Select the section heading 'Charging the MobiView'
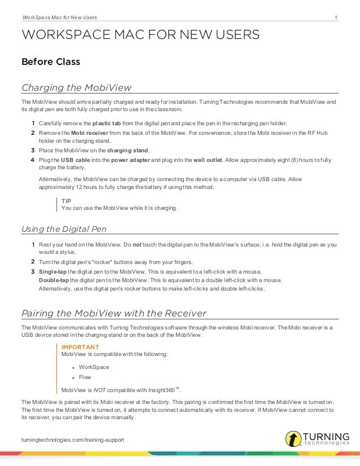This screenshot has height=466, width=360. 76,88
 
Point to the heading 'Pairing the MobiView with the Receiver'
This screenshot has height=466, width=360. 113,313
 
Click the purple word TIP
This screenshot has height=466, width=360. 66,201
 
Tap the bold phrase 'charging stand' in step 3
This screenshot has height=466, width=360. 128,151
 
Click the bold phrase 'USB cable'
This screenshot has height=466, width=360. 77,161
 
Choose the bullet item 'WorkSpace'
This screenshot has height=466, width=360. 94,367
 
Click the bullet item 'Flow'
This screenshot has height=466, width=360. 85,377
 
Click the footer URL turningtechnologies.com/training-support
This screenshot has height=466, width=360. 72,439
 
